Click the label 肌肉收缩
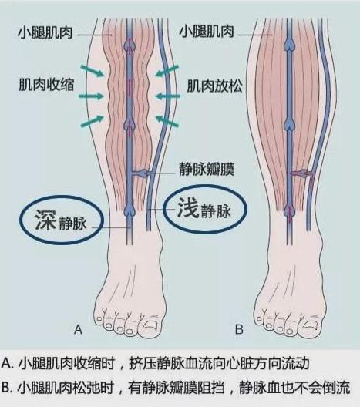click(46, 85)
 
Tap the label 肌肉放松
click(214, 86)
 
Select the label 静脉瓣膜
click(207, 170)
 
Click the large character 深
click(45, 220)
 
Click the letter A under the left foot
click(78, 329)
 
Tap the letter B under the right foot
click(239, 329)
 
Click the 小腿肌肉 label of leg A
click(45, 33)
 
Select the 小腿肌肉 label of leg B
click(207, 31)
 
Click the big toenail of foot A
click(150, 325)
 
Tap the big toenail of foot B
click(310, 325)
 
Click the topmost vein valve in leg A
click(130, 45)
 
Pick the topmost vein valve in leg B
click(289, 44)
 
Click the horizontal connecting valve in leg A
click(142, 173)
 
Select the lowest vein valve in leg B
click(289, 211)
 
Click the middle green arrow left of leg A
click(91, 96)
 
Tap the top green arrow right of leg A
click(167, 71)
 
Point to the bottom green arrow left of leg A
click(93, 122)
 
